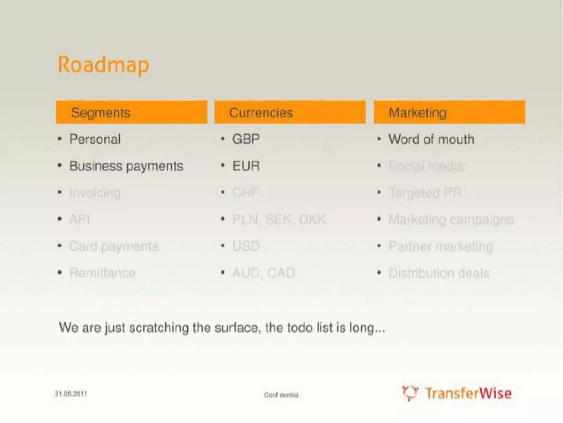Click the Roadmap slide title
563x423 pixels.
(104, 65)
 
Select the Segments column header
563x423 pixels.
(101, 112)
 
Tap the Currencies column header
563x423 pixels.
(261, 112)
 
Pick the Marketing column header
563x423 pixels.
(417, 112)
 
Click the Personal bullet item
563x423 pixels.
(95, 139)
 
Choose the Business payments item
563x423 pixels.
(126, 166)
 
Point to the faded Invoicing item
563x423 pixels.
(95, 193)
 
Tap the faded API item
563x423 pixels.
(79, 219)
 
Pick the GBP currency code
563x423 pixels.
(246, 139)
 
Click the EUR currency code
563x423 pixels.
(246, 166)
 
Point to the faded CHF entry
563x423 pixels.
(245, 193)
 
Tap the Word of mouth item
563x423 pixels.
(431, 139)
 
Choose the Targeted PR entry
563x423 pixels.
(425, 193)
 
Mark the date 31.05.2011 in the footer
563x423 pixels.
(71, 394)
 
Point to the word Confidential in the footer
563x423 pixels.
(281, 395)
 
